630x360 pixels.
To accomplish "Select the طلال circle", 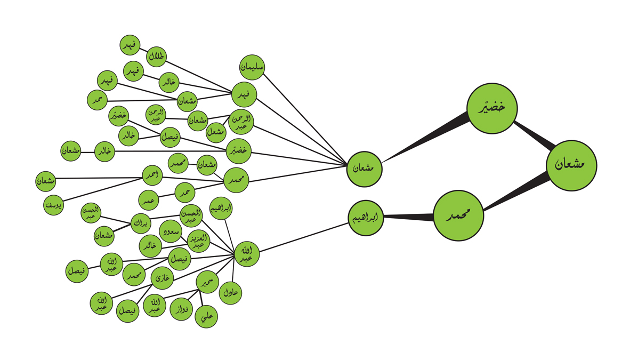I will [157, 57].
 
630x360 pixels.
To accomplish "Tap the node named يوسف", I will [54, 204].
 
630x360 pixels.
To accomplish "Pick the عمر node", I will [149, 200].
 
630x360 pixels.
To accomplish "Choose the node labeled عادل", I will [230, 292].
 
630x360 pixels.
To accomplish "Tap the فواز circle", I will [181, 309].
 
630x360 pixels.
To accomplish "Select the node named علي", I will [207, 317].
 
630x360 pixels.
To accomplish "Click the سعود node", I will [171, 231].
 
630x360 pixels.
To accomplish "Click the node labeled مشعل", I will [216, 131].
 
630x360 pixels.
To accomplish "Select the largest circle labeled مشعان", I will [572, 165].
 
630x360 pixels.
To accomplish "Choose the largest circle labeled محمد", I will [458, 217].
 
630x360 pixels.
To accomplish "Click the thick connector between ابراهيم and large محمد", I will [408, 217].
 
